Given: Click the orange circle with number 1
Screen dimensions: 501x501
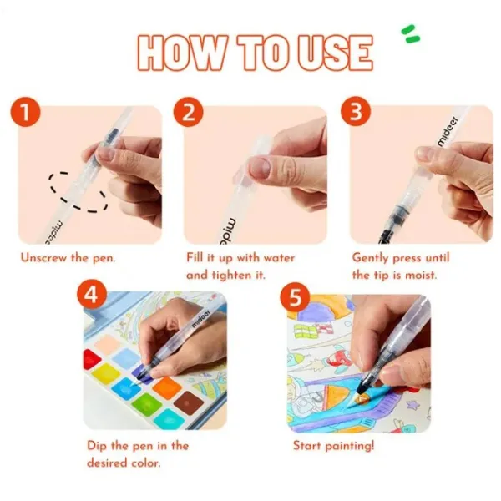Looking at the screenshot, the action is pyautogui.click(x=26, y=112).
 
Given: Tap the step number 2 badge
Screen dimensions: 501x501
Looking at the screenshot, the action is pyautogui.click(x=189, y=112).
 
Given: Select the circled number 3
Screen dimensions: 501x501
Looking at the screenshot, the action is pyautogui.click(x=356, y=112).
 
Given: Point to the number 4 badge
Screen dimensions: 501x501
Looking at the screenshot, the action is pyautogui.click(x=92, y=296).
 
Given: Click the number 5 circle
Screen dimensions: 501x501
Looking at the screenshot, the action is pyautogui.click(x=295, y=298).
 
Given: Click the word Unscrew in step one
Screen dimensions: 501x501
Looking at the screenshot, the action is pyautogui.click(x=43, y=257).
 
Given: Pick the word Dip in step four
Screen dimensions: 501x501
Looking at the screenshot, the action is pyautogui.click(x=97, y=446).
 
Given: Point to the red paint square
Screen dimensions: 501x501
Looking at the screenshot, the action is pyautogui.click(x=91, y=358).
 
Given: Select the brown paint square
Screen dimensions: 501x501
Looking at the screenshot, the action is pyautogui.click(x=189, y=402).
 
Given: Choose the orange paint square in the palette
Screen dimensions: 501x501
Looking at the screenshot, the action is pyautogui.click(x=167, y=387).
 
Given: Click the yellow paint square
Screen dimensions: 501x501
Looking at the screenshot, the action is pyautogui.click(x=105, y=373).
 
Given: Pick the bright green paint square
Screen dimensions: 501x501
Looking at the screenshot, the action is pyautogui.click(x=147, y=404).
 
